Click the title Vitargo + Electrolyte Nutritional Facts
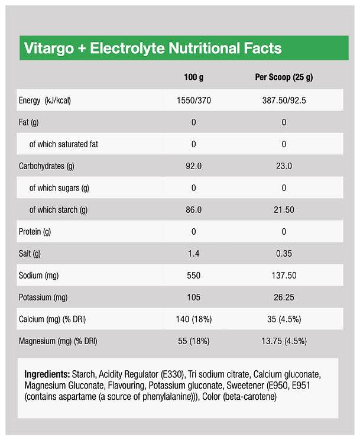pyautogui.click(x=152, y=48)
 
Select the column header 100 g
pyautogui.click(x=193, y=77)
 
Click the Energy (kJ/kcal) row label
pyautogui.click(x=45, y=100)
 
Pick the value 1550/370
pyautogui.click(x=193, y=100)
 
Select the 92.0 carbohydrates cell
pyautogui.click(x=193, y=166)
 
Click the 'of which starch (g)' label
pyautogui.click(x=58, y=209)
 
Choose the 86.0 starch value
pyautogui.click(x=193, y=209)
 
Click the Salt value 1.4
pyautogui.click(x=193, y=254)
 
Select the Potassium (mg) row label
pyautogui.click(x=43, y=297)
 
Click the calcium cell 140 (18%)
pyautogui.click(x=193, y=319)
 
